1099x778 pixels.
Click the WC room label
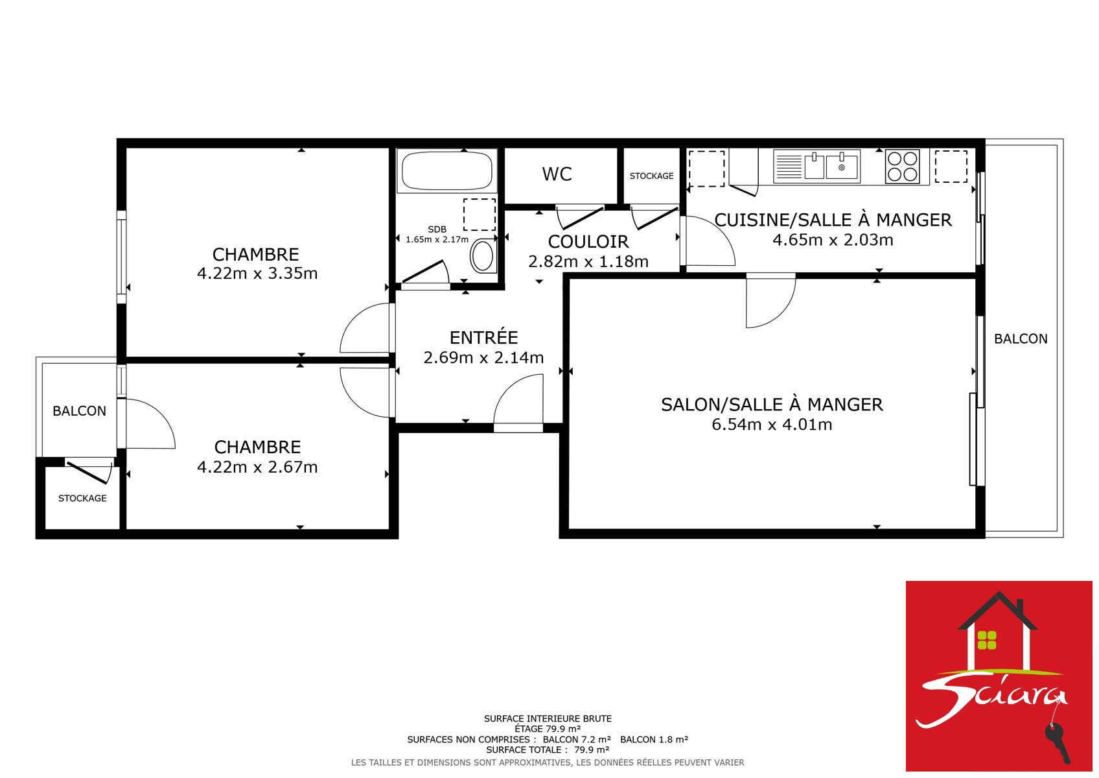coord(557,174)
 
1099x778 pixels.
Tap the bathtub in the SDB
coord(446,171)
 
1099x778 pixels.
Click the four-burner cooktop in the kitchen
coord(902,167)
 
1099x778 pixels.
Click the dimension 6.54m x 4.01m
coord(772,425)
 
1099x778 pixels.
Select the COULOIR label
coord(588,241)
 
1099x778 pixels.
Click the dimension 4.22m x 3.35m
coord(257,274)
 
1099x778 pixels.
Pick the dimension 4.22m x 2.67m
coord(257,467)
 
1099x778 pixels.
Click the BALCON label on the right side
coord(1021,338)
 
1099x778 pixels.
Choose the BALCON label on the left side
coord(79,411)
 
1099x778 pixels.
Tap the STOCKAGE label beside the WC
coord(651,176)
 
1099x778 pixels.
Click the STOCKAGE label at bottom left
coord(82,498)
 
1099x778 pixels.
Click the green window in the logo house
coord(987,640)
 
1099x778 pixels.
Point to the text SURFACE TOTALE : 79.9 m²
coord(548,749)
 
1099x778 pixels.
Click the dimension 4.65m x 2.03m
coord(833,240)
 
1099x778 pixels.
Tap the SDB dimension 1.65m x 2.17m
coord(437,239)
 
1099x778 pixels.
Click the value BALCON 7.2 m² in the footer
coord(577,739)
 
